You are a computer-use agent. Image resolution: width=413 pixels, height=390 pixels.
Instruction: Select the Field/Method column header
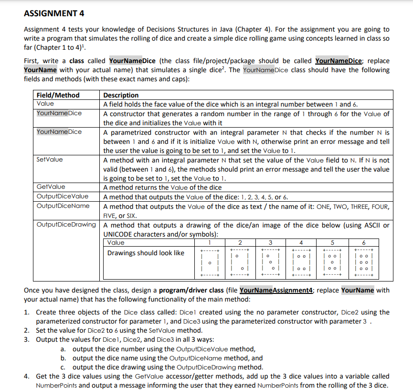point(58,95)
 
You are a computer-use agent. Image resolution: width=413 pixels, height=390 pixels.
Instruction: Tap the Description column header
point(121,95)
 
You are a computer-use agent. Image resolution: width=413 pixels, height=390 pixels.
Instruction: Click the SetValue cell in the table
point(49,160)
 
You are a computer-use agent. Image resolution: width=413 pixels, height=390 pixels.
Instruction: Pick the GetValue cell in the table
point(51,187)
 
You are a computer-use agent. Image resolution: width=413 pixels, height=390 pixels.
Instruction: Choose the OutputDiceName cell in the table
point(63,206)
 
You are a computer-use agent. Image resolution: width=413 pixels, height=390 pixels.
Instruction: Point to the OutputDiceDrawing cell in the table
point(66,225)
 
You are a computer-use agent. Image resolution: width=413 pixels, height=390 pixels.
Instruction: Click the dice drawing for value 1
point(209,263)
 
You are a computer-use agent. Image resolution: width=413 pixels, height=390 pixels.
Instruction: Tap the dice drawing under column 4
point(303,263)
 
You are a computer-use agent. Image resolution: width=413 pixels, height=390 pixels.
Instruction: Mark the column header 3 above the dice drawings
point(270,242)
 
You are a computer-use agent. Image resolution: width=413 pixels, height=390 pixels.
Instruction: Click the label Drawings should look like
point(145,253)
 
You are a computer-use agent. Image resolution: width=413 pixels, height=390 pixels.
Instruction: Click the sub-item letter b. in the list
point(63,358)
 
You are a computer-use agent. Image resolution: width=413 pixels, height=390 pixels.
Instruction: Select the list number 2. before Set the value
point(27,330)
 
